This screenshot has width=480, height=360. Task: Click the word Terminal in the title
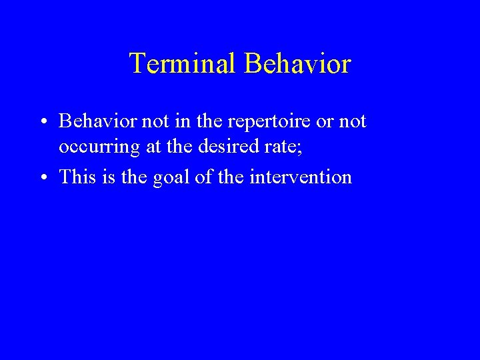[x=183, y=64]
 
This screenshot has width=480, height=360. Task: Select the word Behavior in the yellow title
[x=297, y=64]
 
